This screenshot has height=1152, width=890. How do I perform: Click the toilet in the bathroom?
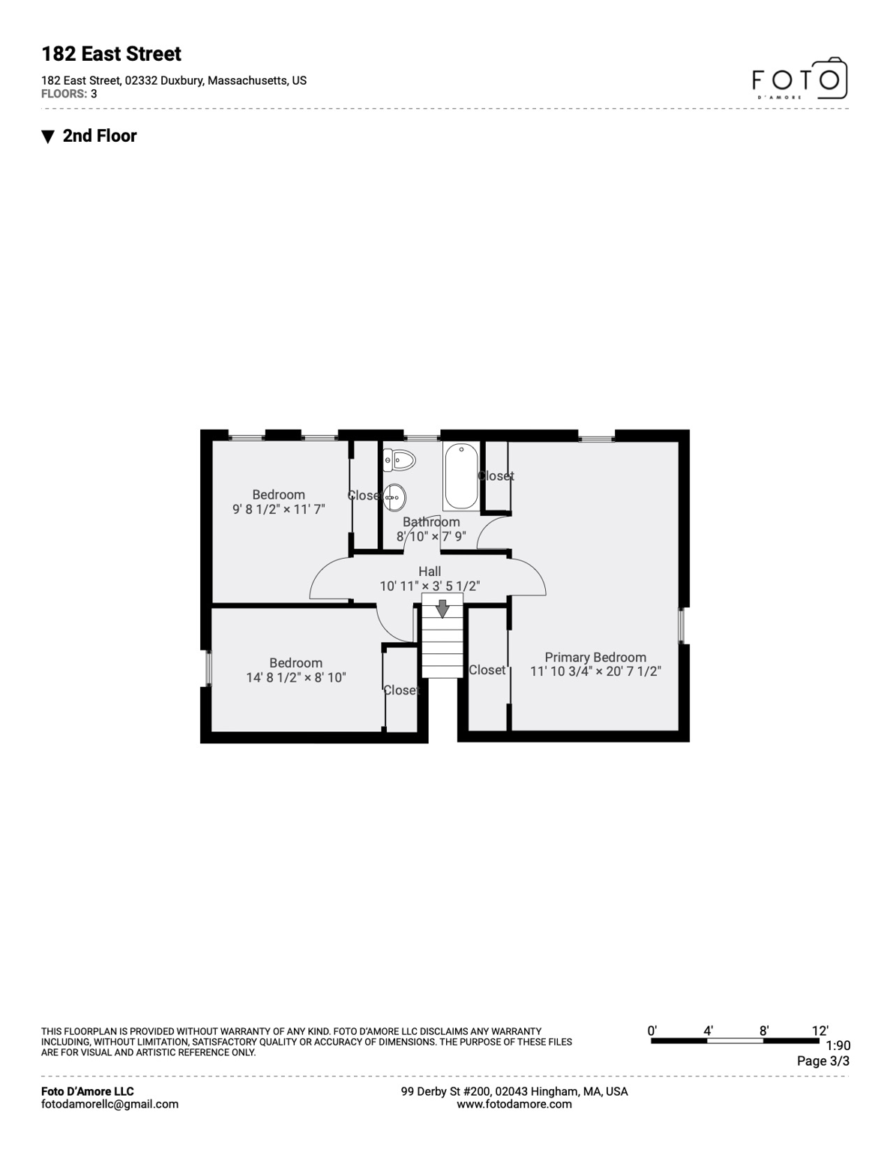pyautogui.click(x=399, y=459)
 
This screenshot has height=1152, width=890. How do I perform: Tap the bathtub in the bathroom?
pyautogui.click(x=461, y=476)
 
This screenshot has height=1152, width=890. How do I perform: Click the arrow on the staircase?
pyautogui.click(x=442, y=608)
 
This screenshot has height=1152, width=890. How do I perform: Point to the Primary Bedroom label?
pyautogui.click(x=595, y=657)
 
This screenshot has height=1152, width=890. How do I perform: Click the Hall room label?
pyautogui.click(x=430, y=571)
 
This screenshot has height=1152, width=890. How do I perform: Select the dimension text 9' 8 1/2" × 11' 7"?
pyautogui.click(x=279, y=509)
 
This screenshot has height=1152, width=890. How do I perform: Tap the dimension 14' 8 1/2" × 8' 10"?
pyautogui.click(x=296, y=677)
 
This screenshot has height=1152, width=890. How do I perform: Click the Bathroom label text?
pyautogui.click(x=431, y=522)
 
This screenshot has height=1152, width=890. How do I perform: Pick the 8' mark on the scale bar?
pyautogui.click(x=763, y=1031)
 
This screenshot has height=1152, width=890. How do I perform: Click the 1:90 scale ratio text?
pyautogui.click(x=838, y=1045)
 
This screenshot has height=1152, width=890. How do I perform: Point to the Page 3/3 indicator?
pyautogui.click(x=823, y=1061)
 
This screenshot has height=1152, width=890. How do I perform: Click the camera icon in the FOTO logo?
pyautogui.click(x=830, y=78)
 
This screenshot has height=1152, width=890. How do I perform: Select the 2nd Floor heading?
pyautogui.click(x=100, y=136)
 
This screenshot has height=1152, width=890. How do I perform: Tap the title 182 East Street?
pyautogui.click(x=111, y=54)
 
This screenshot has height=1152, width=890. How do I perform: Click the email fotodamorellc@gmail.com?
pyautogui.click(x=109, y=1104)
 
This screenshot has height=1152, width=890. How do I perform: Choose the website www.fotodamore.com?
pyautogui.click(x=514, y=1104)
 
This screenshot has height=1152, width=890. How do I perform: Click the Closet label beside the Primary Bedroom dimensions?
pyautogui.click(x=487, y=670)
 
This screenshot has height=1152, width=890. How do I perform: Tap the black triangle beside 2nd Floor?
pyautogui.click(x=48, y=136)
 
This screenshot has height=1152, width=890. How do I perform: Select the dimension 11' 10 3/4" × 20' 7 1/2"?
pyautogui.click(x=595, y=671)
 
